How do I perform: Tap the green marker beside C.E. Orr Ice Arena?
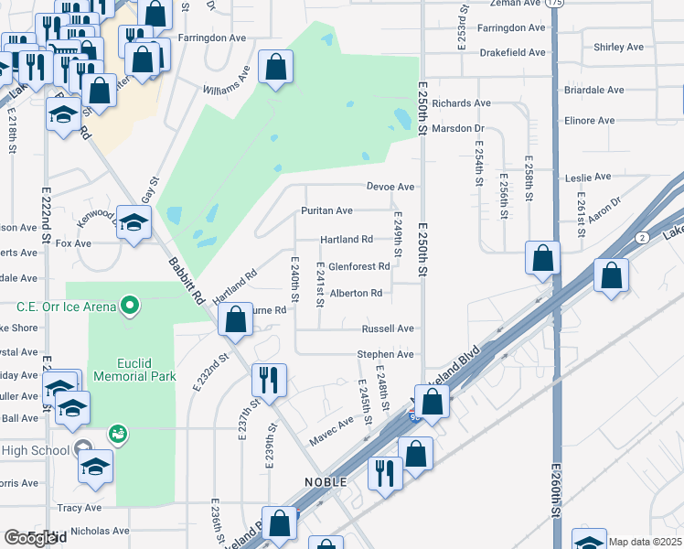tap(131, 305)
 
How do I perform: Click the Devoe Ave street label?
tap(390, 187)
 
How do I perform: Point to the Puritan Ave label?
tap(326, 210)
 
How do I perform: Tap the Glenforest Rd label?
tap(358, 266)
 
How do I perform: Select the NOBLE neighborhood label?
tap(326, 482)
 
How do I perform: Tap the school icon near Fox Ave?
tap(134, 223)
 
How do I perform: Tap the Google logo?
tap(29, 539)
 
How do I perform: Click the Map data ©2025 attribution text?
tap(645, 542)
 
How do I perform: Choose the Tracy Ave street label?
tap(80, 508)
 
